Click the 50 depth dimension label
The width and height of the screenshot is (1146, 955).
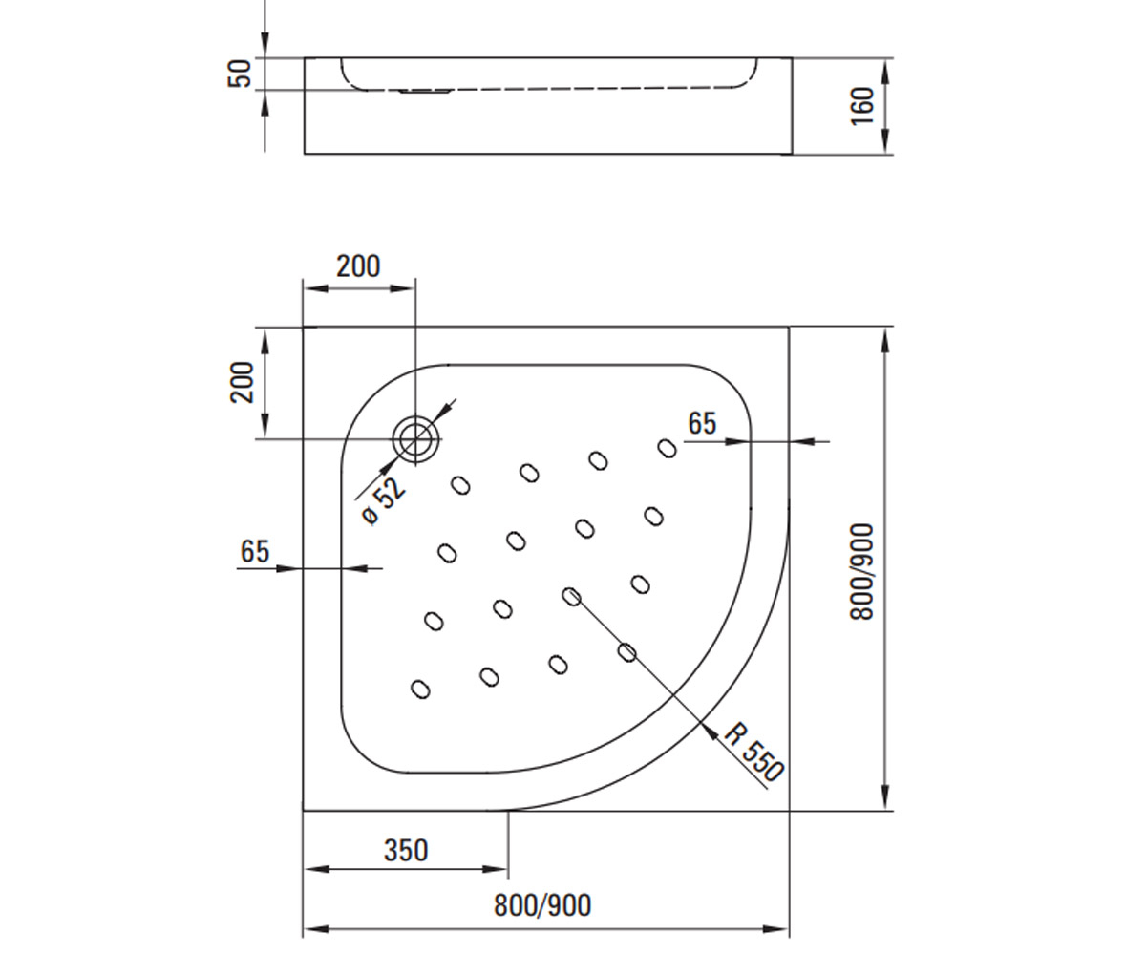[x=240, y=73]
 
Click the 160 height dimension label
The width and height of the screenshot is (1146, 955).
[x=862, y=106]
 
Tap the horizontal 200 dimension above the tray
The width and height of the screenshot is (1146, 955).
[x=358, y=266]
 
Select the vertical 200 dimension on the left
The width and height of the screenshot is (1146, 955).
[x=242, y=382]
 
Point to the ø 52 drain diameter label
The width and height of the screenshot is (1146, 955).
[x=384, y=500]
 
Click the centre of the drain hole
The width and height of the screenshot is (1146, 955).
[x=415, y=439]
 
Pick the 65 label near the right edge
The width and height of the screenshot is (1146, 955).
[x=702, y=424]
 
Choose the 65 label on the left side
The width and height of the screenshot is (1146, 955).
[x=255, y=552]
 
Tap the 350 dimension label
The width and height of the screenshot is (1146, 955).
[x=406, y=851]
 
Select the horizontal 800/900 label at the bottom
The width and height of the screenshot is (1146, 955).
[x=542, y=905]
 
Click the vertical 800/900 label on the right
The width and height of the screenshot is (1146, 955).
[x=861, y=571]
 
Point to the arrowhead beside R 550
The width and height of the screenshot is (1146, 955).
[x=711, y=732]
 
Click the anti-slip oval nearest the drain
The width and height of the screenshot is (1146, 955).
[x=460, y=485]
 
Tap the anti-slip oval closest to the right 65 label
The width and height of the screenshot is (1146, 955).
[x=668, y=449]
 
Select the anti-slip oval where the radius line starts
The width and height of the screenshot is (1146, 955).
[x=571, y=597]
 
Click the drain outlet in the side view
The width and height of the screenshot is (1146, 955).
[x=426, y=91]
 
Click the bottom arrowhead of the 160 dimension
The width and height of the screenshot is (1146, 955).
[x=884, y=141]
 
